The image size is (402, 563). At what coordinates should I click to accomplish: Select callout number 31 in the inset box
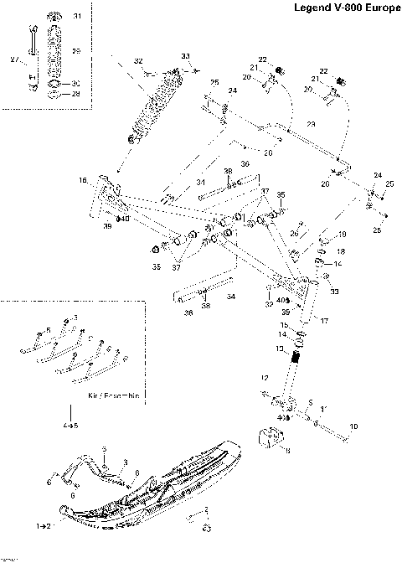[x=77, y=17]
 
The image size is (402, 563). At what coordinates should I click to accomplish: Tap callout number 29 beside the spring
[x=77, y=52]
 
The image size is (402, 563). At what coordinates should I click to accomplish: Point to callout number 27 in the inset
[x=13, y=59]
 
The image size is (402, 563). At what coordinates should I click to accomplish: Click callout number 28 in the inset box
[x=77, y=94]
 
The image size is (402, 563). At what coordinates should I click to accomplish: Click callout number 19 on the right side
[x=342, y=234]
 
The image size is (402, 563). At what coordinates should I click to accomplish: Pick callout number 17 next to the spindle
[x=324, y=319]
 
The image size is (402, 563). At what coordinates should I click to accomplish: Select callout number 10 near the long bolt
[x=353, y=426]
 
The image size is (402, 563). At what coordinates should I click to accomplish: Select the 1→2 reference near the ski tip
[x=44, y=526]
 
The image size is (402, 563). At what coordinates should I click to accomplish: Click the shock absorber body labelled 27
[x=33, y=62]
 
